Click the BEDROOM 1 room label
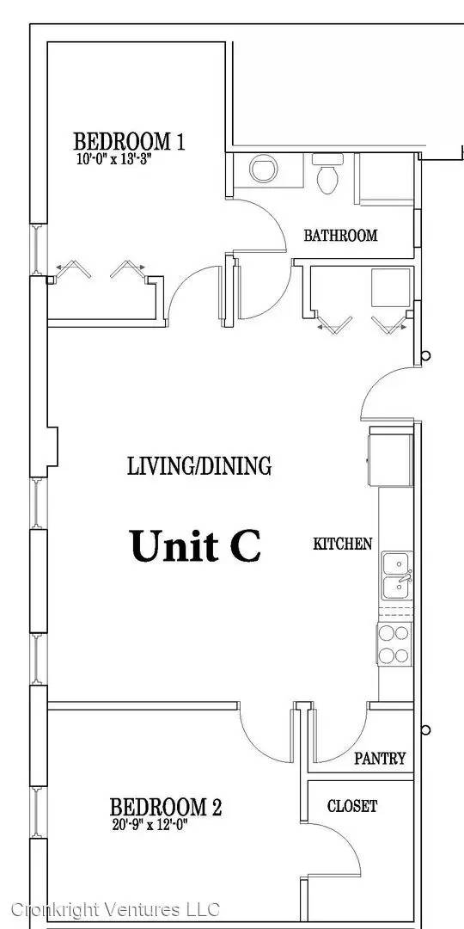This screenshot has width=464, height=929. pos(129,142)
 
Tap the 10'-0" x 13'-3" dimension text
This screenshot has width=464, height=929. pos(111,159)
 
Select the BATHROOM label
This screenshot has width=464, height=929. pos(340,235)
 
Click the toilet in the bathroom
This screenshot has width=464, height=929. pos(327,173)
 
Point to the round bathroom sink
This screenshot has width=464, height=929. pos(264,169)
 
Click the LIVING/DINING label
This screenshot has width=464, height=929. pos(199,466)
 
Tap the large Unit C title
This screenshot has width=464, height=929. pos(195,545)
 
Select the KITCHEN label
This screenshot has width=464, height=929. pos(343,544)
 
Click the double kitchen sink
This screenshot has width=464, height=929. pos(397,575)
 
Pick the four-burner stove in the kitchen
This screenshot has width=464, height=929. pos(394,643)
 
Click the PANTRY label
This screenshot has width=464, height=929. pos(380,759)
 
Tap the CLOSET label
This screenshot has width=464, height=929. pos(352,806)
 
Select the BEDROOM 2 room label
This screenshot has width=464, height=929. pos(166,807)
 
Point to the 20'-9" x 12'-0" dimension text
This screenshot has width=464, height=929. pos(150,824)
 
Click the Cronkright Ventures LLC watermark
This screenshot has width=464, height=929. pos(115,909)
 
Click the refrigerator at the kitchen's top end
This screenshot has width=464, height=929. pos(391,460)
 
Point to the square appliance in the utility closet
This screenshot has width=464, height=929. pos(391,288)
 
